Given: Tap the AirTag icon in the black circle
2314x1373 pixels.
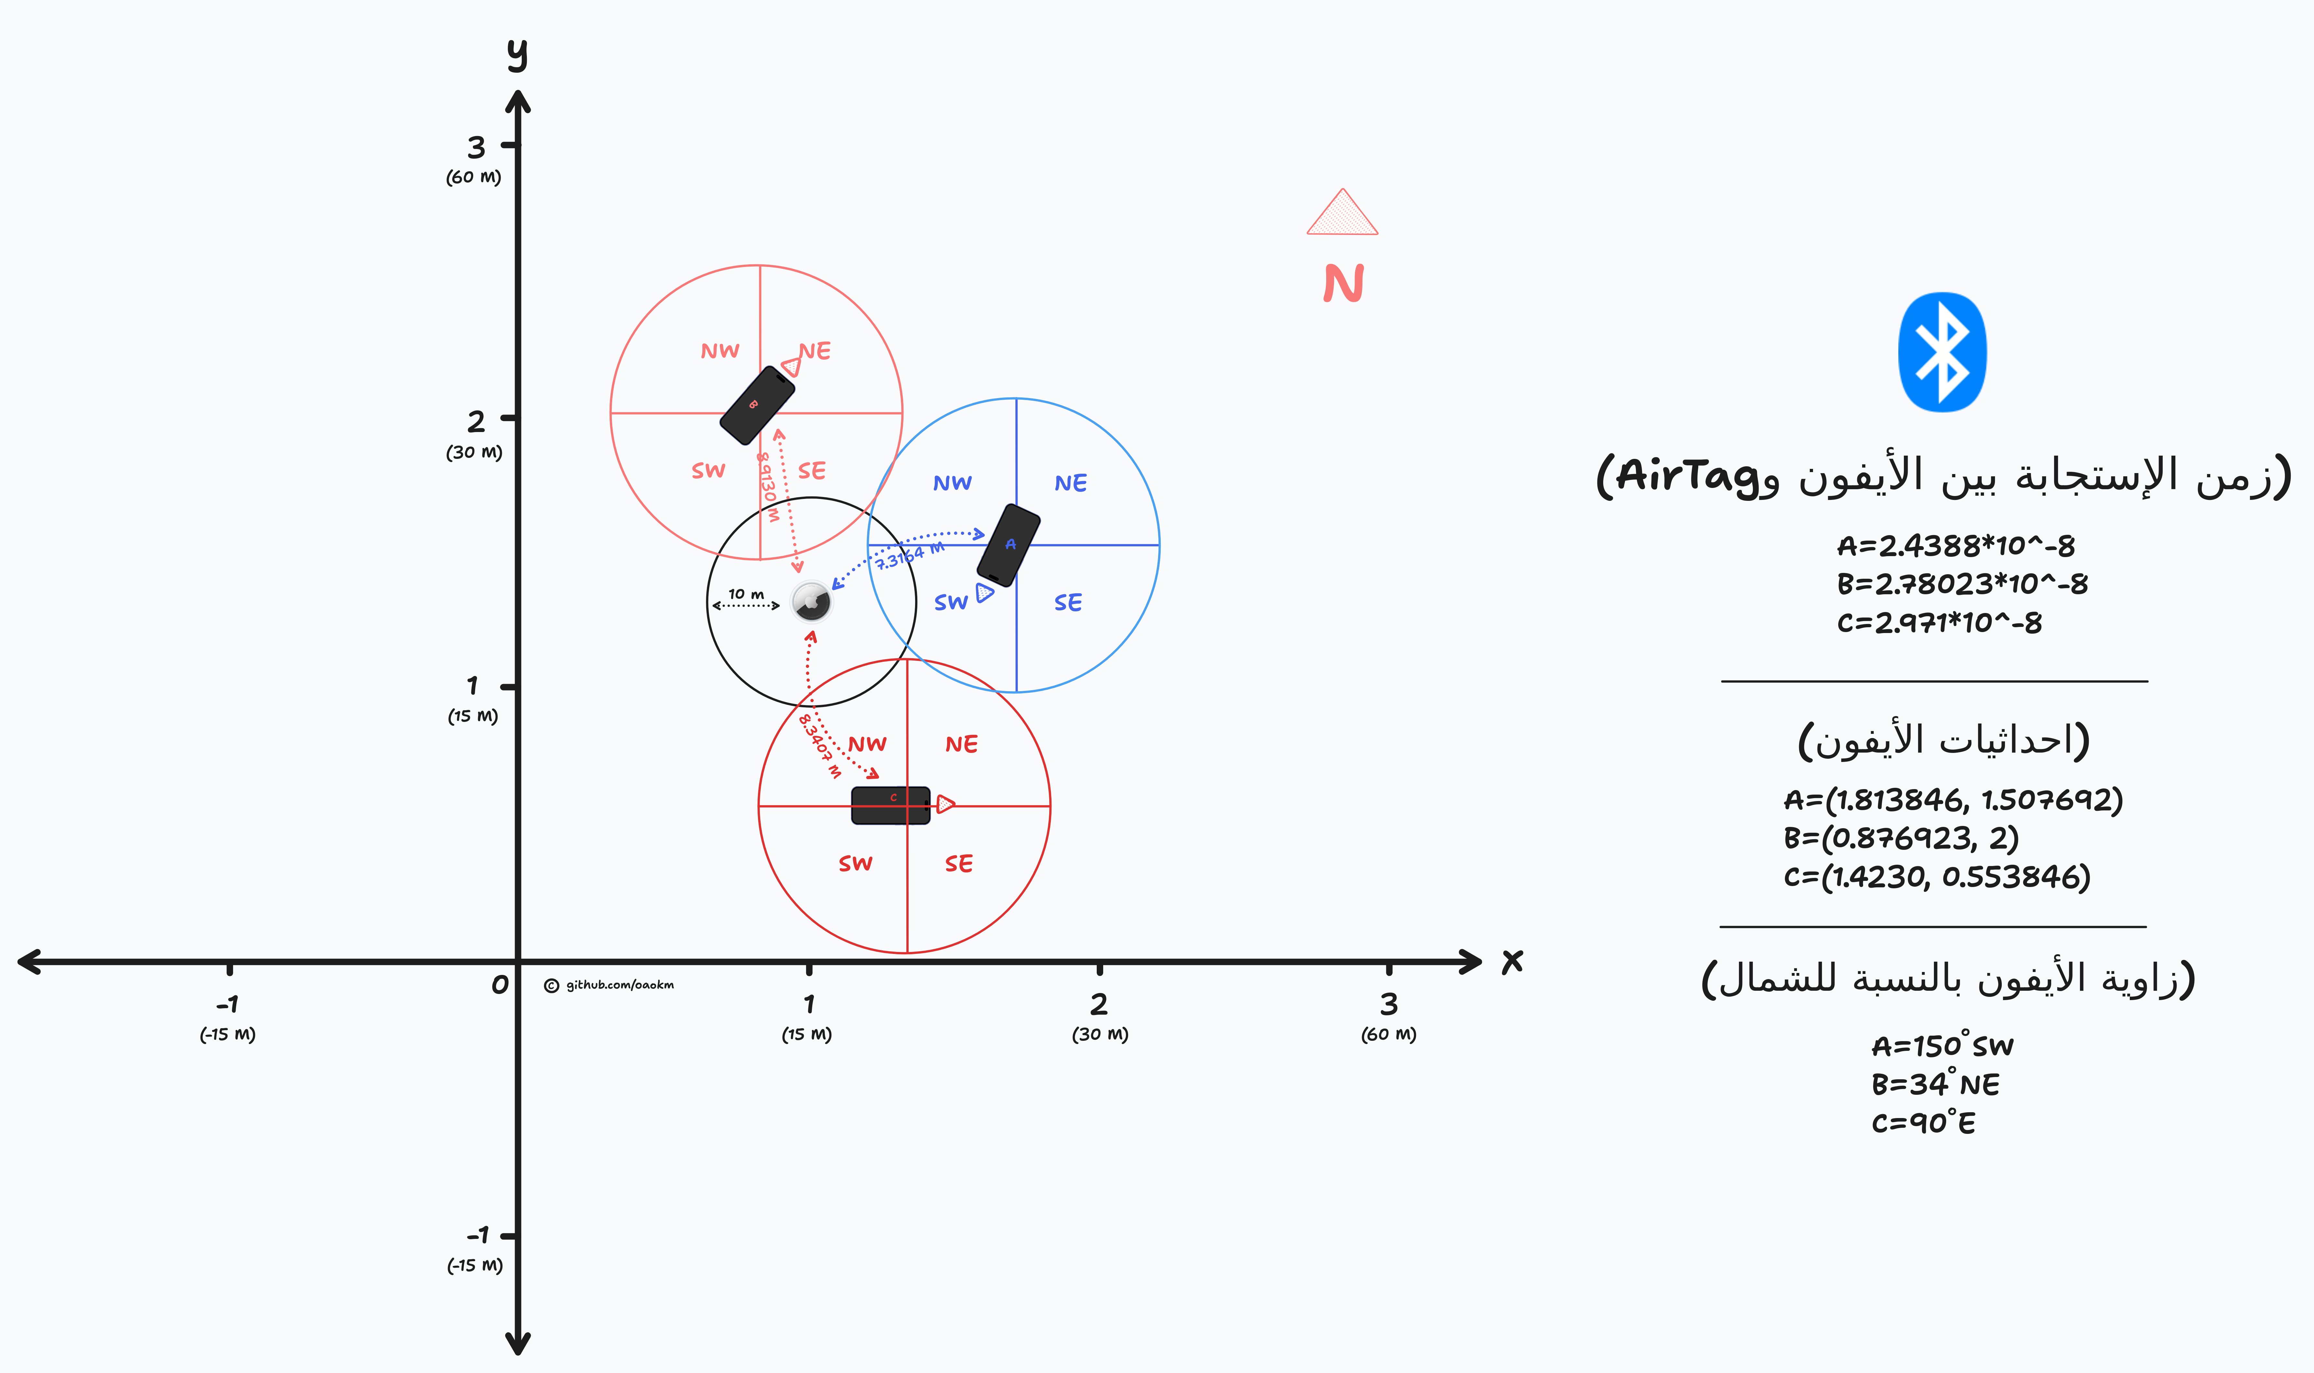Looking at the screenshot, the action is point(811,602).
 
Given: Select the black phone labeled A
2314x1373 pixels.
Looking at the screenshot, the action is point(1008,545).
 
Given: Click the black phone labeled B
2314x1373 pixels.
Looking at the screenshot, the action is point(757,405).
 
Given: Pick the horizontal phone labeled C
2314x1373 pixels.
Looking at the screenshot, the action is point(890,805).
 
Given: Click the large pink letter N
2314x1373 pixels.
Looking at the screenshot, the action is point(1343,283).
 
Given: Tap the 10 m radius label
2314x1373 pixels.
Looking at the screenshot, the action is point(746,594).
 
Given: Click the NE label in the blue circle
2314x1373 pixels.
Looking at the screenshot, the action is point(1071,483).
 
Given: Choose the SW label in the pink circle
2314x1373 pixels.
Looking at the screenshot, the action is point(709,471).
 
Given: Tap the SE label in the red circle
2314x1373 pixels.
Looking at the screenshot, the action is point(959,864).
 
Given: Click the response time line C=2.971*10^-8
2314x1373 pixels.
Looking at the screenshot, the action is point(1939,623).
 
